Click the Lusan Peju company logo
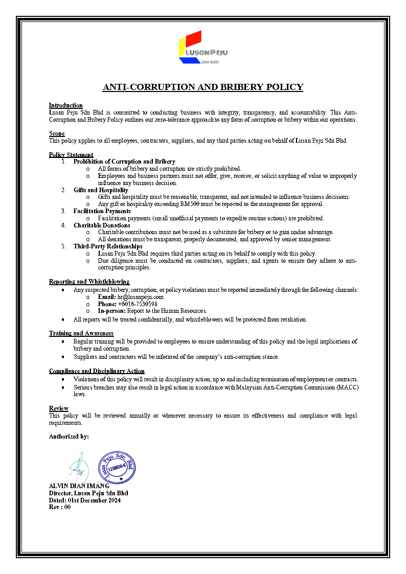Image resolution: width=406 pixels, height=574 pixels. click(202, 47)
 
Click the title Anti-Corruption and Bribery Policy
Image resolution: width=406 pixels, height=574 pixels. click(203, 87)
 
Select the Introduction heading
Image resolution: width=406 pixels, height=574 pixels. click(65, 105)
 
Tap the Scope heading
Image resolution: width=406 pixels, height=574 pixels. click(57, 133)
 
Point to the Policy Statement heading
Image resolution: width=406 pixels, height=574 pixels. click(71, 155)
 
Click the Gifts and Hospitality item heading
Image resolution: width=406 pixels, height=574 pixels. click(101, 190)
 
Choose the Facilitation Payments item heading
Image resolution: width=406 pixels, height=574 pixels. click(102, 211)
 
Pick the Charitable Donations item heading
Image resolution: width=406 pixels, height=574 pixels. click(101, 225)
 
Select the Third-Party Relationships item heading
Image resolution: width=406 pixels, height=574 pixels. click(108, 246)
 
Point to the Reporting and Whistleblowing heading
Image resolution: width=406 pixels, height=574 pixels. click(89, 282)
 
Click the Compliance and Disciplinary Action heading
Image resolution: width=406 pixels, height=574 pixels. click(97, 371)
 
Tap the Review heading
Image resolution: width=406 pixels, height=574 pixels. click(58, 408)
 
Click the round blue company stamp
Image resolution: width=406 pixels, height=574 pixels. click(117, 467)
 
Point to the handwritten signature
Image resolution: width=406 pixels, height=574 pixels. click(79, 466)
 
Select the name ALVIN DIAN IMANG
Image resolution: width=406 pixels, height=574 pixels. click(79, 486)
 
